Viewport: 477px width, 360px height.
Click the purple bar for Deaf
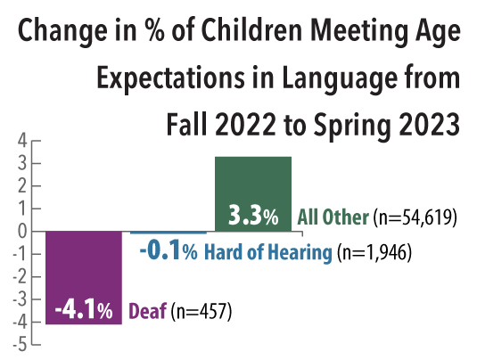coord(83,267)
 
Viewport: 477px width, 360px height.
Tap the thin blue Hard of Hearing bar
coord(169,233)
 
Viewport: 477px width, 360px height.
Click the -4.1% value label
coord(83,311)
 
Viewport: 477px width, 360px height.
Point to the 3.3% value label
coord(253,217)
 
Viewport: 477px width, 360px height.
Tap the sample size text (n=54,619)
coord(415,217)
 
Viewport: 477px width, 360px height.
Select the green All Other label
coord(333,217)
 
